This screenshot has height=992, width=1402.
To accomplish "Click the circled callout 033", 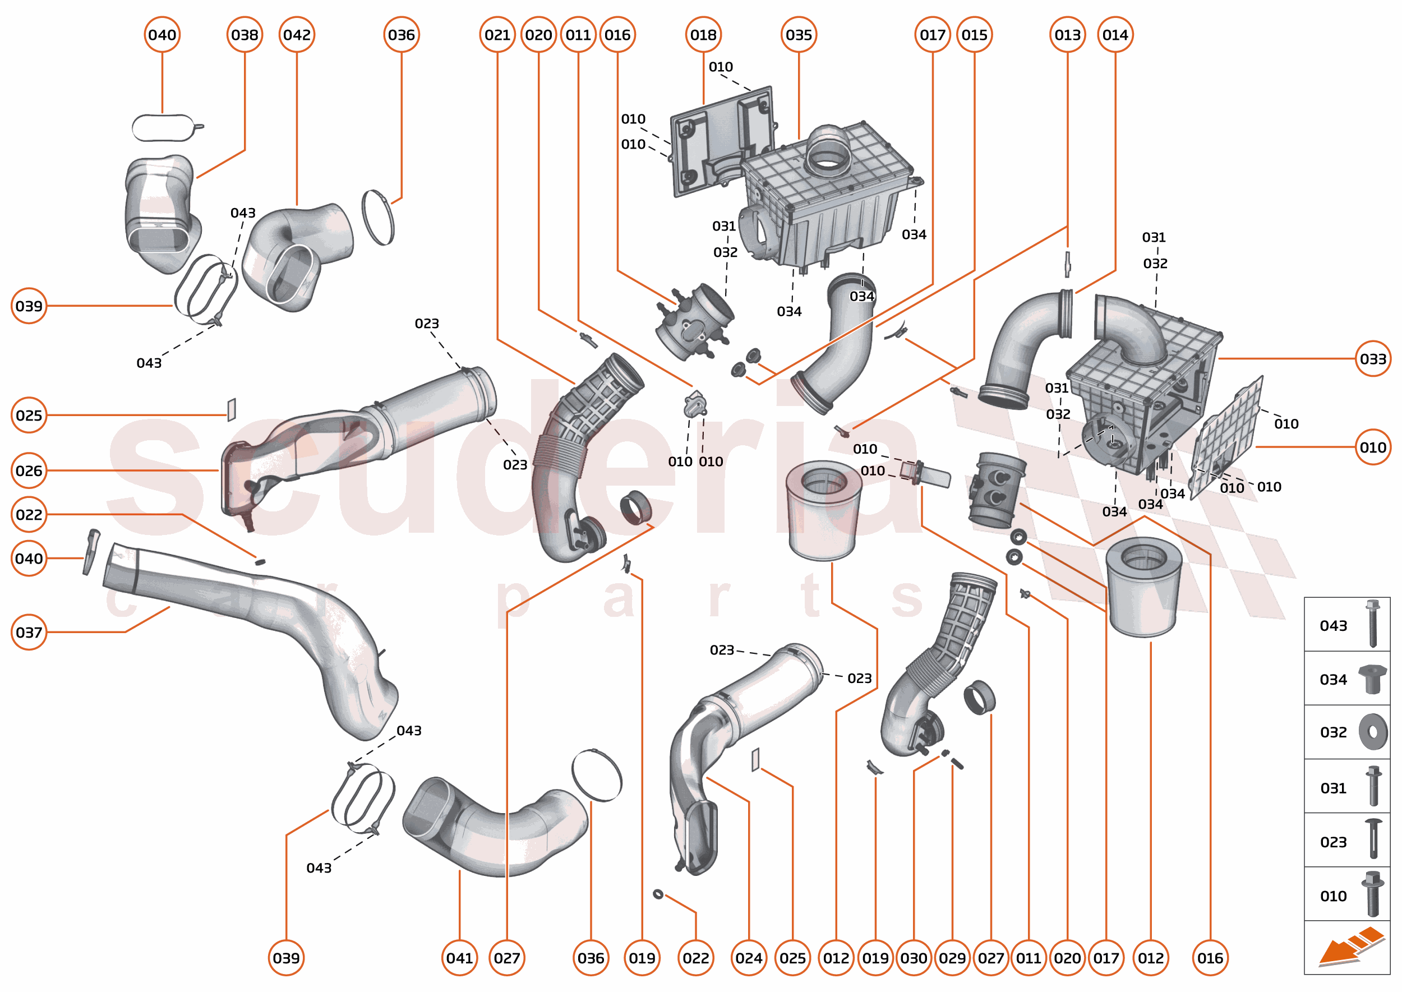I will coord(1373,358).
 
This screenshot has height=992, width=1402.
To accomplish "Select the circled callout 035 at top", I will coord(799,35).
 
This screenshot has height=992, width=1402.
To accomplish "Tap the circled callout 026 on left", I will coord(29,471).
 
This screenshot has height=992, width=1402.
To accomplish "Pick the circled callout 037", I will coord(29,632).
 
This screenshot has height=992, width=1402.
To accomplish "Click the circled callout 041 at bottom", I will coord(459,958).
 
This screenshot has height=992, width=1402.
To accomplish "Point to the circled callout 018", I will coord(703,35).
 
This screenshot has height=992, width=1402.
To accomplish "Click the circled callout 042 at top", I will coord(297,35).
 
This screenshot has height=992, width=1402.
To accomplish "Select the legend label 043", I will coord(1333,625).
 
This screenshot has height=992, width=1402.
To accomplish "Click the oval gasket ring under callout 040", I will coord(163,128).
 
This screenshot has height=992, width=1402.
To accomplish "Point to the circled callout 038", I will coord(245,35).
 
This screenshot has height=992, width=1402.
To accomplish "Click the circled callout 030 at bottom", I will coord(914,958).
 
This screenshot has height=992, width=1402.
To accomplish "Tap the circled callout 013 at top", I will coord(1067,35).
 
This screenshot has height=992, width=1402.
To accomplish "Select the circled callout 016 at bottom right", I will coord(1210,958).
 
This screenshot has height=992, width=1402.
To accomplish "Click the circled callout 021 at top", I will coord(497,35).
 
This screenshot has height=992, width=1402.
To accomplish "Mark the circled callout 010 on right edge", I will coord(1373,447).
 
